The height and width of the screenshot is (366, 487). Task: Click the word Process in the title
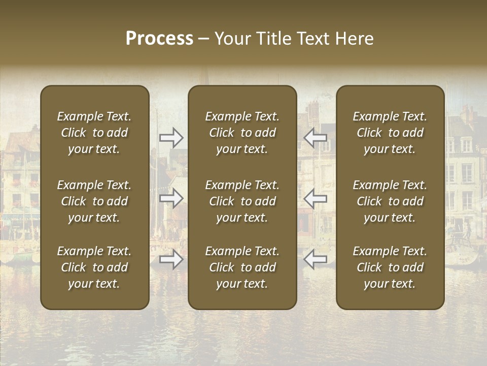159,39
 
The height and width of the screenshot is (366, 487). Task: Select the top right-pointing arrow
171,137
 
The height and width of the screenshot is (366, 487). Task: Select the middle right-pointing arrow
171,198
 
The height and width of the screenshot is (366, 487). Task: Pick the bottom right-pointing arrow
171,260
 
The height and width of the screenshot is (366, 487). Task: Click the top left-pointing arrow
316,137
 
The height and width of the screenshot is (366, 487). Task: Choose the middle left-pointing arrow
316,198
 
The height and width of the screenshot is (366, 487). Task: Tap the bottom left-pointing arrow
316,260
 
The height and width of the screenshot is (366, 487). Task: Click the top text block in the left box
94,133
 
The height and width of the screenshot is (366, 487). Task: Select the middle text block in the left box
94,201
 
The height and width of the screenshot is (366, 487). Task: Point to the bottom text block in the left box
94,267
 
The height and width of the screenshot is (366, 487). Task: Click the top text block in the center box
242,133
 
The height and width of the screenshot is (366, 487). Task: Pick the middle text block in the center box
242,201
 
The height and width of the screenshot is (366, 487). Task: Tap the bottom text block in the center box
242,267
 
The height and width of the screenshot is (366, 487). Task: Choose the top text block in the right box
390,133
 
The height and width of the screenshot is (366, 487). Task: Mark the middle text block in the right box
390,201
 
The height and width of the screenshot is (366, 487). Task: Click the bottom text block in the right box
390,267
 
